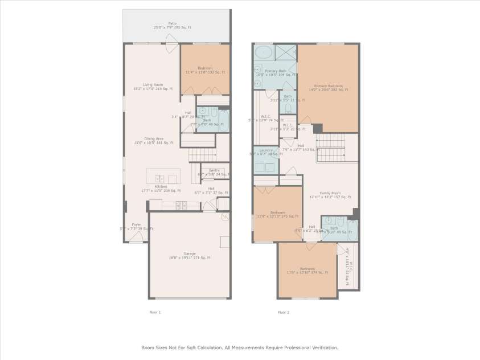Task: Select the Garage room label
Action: click(190, 256)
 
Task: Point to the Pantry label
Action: click(214, 172)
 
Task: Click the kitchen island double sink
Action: click(160, 179)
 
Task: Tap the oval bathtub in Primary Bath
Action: click(264, 53)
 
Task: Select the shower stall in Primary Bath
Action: click(286, 52)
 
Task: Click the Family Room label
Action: click(330, 195)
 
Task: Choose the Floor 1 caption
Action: click(155, 312)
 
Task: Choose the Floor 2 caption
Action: click(284, 312)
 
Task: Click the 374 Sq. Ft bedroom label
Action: click(307, 271)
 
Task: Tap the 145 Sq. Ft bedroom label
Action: click(278, 214)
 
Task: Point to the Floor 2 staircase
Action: click(331, 149)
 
